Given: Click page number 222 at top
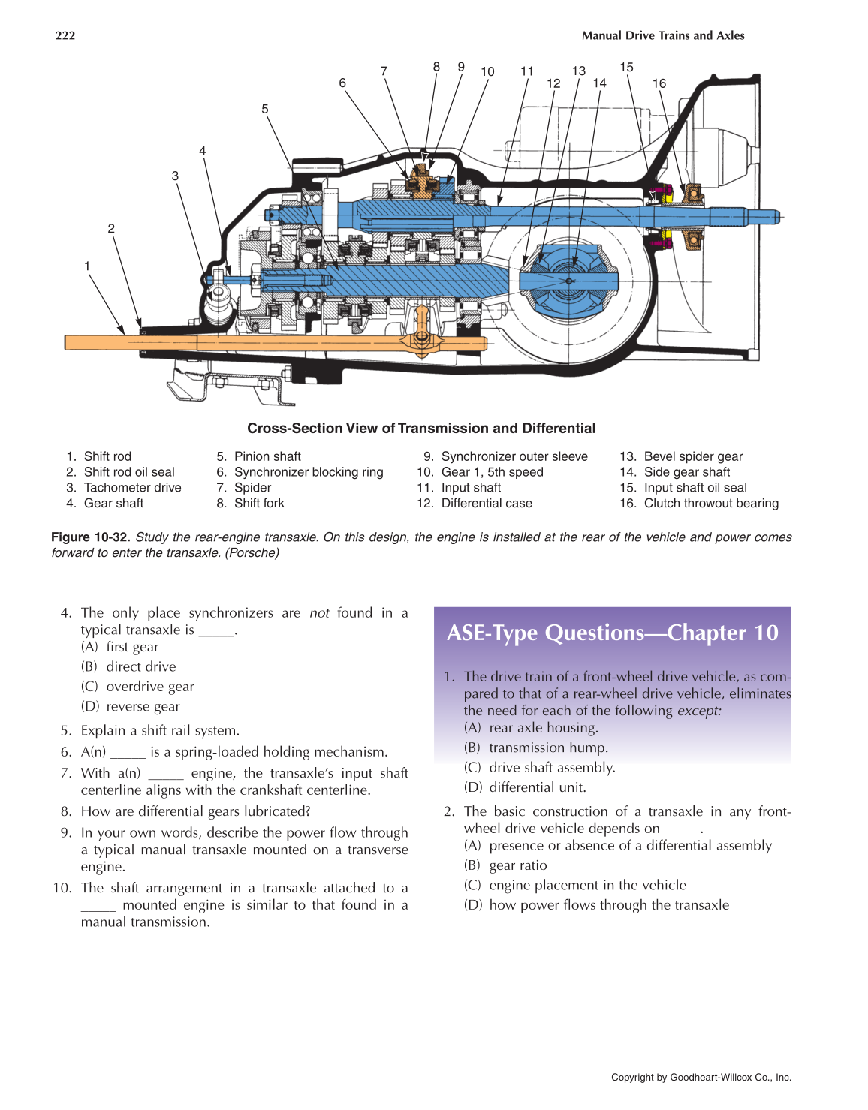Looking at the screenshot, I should click(65, 35).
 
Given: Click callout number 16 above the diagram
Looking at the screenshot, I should click(659, 83).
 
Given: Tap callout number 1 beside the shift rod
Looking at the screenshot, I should click(87, 266).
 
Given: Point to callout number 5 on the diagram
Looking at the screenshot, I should click(265, 109).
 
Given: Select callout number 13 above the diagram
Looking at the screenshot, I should click(579, 71).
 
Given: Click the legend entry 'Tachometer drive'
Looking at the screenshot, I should click(132, 488).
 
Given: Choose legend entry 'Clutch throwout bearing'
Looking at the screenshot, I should click(710, 504).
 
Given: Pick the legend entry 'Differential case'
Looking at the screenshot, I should click(486, 504).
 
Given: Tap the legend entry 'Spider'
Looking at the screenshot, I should click(252, 488).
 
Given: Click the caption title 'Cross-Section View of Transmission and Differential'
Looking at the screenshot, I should click(421, 429).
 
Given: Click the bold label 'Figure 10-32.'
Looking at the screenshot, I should click(91, 537).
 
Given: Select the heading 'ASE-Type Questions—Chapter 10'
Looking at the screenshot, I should click(613, 633).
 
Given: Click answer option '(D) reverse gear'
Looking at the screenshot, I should click(131, 707).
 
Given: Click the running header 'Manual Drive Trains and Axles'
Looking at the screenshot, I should click(663, 35).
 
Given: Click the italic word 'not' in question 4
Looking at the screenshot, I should click(319, 613).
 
